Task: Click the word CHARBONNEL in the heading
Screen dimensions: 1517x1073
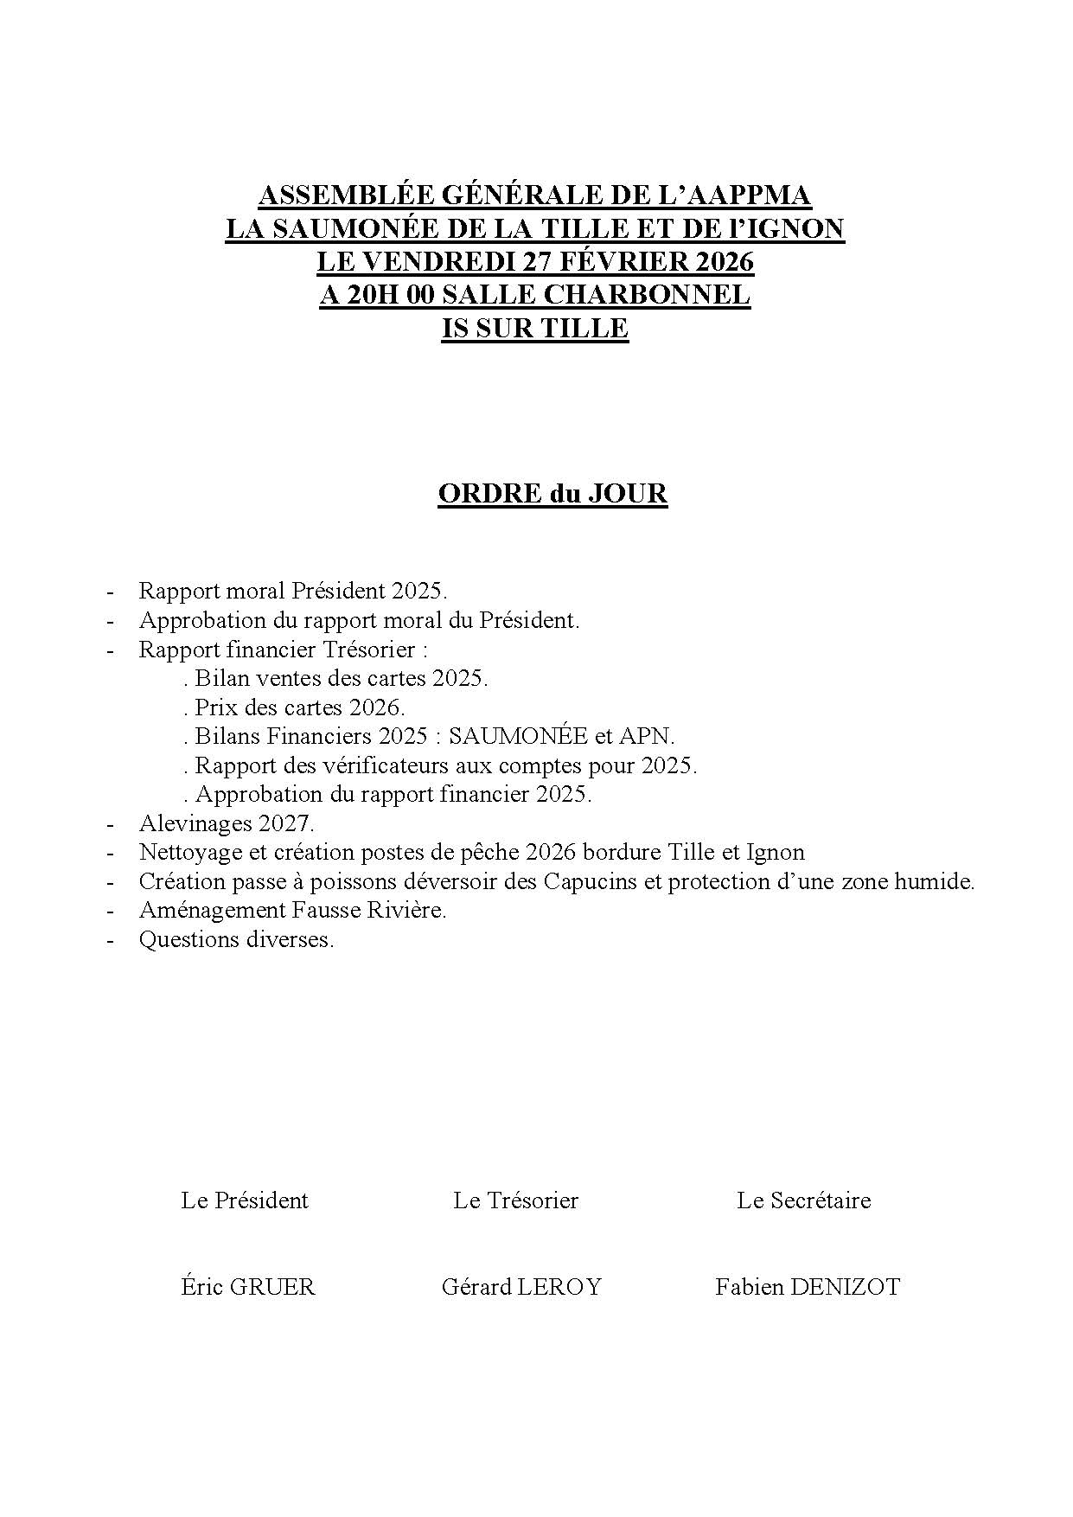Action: point(646,295)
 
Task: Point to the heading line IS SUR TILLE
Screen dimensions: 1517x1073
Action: point(534,329)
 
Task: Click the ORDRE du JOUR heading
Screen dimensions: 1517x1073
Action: point(552,494)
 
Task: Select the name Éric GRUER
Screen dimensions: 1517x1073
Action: point(248,1287)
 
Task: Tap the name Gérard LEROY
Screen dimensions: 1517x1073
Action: point(521,1287)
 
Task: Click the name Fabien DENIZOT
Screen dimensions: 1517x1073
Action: point(807,1287)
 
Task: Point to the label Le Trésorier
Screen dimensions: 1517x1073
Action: point(515,1200)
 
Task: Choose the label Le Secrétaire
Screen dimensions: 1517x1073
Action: point(803,1200)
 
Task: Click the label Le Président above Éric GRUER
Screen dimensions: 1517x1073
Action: point(245,1200)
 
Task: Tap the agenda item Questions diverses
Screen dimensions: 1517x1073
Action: point(236,939)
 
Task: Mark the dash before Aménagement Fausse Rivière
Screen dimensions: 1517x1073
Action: point(110,911)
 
